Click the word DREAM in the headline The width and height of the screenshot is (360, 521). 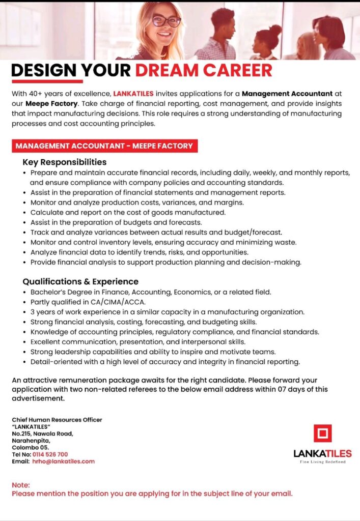pos(167,71)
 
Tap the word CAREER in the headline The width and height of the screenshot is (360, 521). pos(238,71)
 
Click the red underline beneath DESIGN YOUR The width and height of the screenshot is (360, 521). pos(47,81)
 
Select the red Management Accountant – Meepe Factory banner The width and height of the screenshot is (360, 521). pos(104,146)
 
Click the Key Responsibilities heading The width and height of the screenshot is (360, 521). pos(64,162)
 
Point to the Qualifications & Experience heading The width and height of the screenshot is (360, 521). pos(80,281)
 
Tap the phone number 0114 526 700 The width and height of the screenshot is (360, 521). pos(50,454)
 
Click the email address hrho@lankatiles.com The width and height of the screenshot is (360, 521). pos(63,461)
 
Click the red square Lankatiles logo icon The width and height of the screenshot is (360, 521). pos(322,433)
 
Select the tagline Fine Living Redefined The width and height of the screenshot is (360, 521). pos(322,462)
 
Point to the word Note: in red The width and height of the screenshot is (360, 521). pos(21,485)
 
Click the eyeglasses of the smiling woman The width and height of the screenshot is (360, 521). pos(167,21)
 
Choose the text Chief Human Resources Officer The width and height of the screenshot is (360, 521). pos(57,420)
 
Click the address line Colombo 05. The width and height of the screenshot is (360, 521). pos(31,447)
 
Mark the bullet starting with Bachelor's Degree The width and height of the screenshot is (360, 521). pos(151,292)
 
